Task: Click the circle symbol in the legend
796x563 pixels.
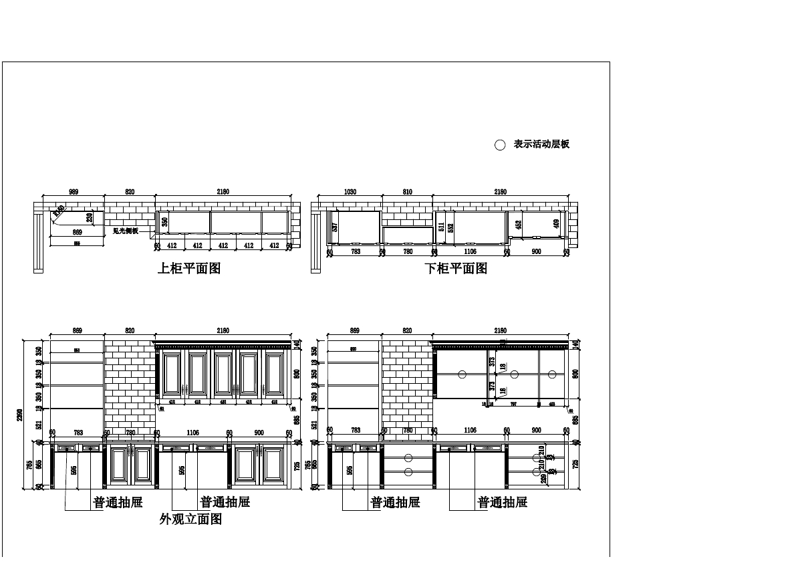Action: coord(499,145)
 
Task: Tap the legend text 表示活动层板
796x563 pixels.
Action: coord(541,144)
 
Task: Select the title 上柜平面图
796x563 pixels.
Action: coord(188,268)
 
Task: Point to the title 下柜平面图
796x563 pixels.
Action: coord(456,268)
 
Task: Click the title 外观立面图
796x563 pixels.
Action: coord(190,519)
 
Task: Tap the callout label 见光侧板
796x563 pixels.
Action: coord(125,231)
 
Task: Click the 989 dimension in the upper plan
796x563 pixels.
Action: coord(74,192)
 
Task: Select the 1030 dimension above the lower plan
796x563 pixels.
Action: coord(350,192)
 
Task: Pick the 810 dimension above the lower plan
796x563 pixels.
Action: coord(407,192)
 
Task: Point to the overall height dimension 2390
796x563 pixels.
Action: coord(20,415)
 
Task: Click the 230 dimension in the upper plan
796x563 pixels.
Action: coord(90,218)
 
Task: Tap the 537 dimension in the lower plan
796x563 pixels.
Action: coord(335,227)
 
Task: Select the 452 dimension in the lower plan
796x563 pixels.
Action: coord(519,225)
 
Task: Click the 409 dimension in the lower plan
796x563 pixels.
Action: coord(557,223)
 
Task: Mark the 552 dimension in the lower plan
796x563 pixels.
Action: coord(450,227)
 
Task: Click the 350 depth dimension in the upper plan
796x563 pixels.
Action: coord(165,221)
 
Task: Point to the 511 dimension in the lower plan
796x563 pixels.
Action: coord(441,227)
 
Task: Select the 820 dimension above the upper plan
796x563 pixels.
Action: coord(130,192)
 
